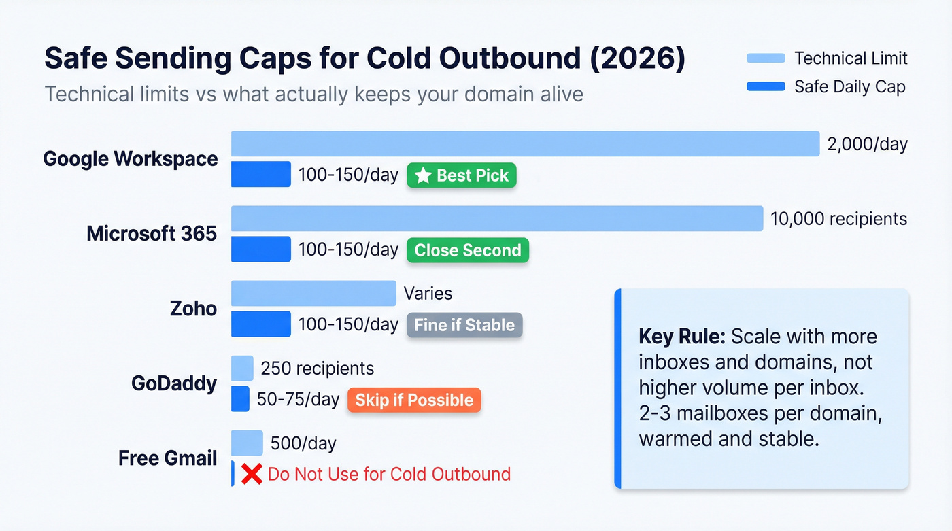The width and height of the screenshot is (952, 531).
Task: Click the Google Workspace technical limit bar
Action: coord(525,143)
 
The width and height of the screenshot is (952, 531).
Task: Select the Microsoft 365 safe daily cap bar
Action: coord(261,249)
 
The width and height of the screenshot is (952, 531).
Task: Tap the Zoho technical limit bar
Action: coord(313,293)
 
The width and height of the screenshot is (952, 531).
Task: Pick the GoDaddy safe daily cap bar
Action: coord(240,399)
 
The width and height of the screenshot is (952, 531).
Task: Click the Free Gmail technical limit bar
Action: coord(247,443)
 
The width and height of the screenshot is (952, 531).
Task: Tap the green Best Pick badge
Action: coord(462,175)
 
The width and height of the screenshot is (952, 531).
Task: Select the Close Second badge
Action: coord(468,250)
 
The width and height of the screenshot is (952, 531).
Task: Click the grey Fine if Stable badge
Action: coord(464,325)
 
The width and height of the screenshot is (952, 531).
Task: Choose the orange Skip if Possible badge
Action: coord(414,400)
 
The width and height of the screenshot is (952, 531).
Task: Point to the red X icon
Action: coord(252,474)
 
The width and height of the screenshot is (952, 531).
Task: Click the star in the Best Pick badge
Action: coord(423,175)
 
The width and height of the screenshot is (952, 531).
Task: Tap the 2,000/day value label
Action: coord(867,144)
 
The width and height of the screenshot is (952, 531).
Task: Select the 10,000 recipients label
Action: coord(838,218)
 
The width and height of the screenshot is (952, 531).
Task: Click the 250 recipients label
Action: coord(317,369)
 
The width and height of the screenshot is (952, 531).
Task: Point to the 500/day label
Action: coord(303,443)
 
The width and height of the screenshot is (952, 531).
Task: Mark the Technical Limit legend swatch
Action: coord(766,58)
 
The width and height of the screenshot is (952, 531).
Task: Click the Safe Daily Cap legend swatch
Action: coord(766,86)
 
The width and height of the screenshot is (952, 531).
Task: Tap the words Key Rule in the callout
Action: coord(681,337)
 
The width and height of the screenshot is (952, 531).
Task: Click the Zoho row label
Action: coord(193,309)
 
